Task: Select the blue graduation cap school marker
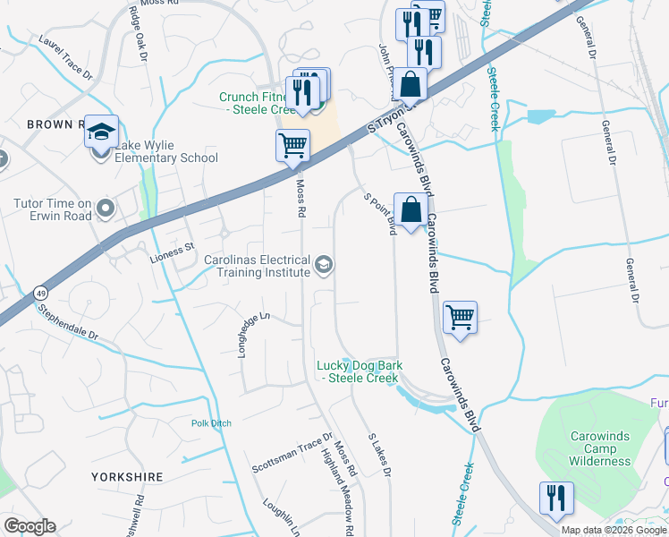click(102, 132)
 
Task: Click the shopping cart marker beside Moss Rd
click(292, 145)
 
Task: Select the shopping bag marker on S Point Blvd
click(411, 210)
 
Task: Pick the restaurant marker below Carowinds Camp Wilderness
click(556, 498)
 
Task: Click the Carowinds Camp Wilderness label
click(600, 448)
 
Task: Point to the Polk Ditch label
click(210, 423)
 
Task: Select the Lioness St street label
click(171, 247)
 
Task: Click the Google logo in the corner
click(30, 526)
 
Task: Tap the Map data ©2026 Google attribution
click(614, 530)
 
